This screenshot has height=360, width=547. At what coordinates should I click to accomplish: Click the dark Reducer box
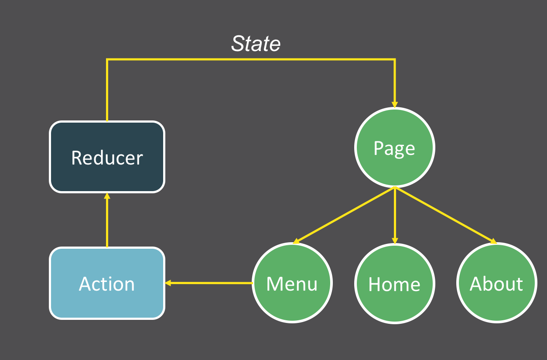tap(107, 157)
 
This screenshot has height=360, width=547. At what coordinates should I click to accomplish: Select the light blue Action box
tap(107, 283)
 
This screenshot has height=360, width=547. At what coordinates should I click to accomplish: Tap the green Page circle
tap(394, 148)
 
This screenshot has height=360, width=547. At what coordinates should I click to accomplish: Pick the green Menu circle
tap(292, 283)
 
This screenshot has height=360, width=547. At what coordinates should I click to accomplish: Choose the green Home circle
tap(394, 283)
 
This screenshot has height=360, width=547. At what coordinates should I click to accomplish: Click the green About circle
tap(496, 283)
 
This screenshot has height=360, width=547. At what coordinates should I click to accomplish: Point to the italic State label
tap(256, 44)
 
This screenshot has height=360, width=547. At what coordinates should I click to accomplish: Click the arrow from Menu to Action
tap(209, 283)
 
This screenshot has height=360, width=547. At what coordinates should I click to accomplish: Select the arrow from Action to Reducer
tap(107, 220)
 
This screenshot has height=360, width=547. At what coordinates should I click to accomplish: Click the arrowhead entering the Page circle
tap(394, 104)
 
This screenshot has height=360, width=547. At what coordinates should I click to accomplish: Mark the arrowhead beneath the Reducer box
tap(107, 196)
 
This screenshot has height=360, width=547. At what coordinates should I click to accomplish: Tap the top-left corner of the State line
tap(107, 60)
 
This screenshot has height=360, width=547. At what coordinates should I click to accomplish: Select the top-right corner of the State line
tap(394, 60)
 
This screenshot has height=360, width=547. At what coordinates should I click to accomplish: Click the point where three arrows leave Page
tap(394, 188)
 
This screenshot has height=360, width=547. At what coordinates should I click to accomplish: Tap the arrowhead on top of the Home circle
tap(394, 240)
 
